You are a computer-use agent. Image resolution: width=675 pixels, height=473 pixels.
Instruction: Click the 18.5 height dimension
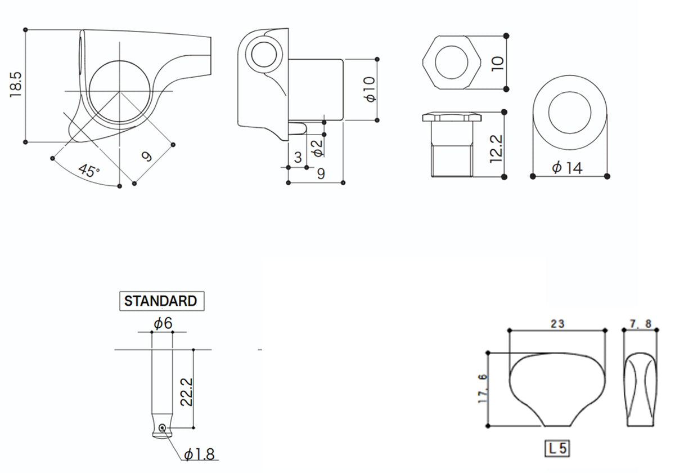coord(16,85)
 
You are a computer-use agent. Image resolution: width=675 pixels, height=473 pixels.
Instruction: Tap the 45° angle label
coord(89,171)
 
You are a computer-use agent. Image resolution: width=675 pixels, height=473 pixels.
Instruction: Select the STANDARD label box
coord(162,301)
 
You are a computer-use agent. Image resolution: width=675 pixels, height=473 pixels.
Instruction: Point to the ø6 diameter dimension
coord(163,323)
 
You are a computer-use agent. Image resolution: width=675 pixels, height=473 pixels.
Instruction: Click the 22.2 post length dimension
coord(186,392)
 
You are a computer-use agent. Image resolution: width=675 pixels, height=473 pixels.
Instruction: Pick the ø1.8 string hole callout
coord(199,454)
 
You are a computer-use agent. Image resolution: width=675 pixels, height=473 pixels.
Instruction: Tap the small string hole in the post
coord(162,427)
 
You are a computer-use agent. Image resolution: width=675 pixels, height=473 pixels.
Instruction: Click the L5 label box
coord(557,449)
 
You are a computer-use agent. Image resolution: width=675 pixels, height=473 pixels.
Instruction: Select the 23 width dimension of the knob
coord(557,324)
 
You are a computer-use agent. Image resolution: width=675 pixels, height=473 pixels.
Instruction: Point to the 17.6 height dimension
coord(483,389)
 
